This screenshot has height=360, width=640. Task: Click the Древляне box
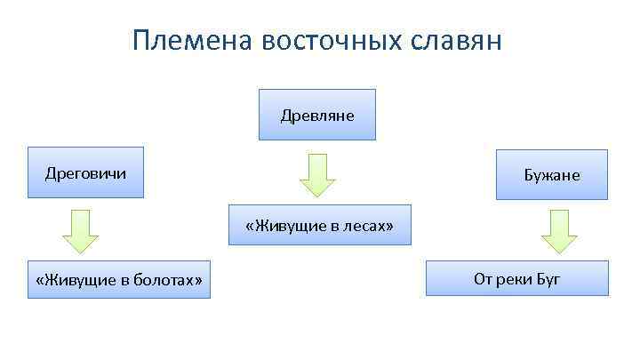point(317,116)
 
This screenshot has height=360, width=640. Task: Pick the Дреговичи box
point(85,172)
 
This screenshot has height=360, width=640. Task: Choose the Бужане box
point(551,175)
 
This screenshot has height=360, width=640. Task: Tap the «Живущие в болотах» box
point(119,280)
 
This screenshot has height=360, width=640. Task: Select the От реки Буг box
point(517,279)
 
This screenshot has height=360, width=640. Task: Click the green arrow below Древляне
point(317,174)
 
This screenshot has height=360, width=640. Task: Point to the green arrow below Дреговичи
point(80,232)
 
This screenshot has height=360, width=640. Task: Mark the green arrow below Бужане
point(559,232)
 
